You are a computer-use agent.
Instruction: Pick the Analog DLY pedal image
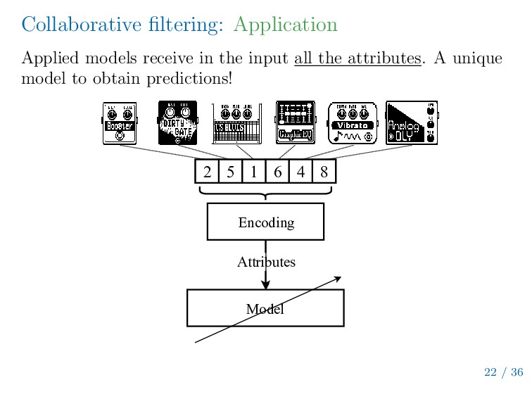(x=412, y=123)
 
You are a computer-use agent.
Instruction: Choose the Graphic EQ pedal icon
(x=295, y=123)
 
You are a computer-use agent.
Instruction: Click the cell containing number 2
(x=207, y=172)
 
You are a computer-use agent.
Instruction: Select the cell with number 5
(x=230, y=172)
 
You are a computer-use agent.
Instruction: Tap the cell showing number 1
(x=253, y=172)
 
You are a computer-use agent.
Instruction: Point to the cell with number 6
(x=277, y=172)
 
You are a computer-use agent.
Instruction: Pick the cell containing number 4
(x=300, y=172)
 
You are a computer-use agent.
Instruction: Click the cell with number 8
(x=324, y=172)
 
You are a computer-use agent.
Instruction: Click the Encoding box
(x=265, y=222)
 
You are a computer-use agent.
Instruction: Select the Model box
(x=265, y=308)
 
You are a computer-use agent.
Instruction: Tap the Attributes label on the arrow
(x=266, y=262)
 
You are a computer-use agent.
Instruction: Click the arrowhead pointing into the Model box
(x=265, y=284)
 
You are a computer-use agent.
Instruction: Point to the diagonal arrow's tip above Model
(x=339, y=277)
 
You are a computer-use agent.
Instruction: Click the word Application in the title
(x=285, y=25)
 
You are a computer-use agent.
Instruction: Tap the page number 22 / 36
(x=503, y=372)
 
